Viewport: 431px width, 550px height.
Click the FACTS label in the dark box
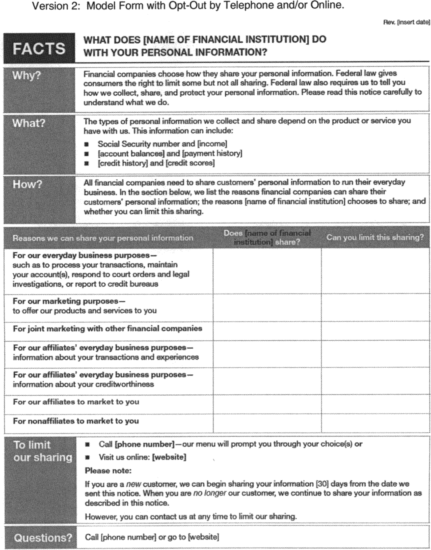tap(39, 49)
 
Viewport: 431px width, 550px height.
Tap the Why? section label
tap(27, 75)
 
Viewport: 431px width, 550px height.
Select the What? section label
tap(29, 123)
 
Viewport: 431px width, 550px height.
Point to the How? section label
tap(27, 184)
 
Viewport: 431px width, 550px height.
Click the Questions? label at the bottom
tap(43, 538)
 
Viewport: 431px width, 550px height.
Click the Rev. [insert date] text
tap(406, 22)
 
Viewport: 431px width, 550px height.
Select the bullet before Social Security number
tap(86, 144)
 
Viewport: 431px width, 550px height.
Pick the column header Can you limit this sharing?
tap(375, 238)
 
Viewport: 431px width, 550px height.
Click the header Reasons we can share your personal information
tap(103, 238)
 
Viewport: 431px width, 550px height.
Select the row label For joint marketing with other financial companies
tap(108, 329)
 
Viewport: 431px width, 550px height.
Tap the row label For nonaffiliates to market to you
tap(76, 421)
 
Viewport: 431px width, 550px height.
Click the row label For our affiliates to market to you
tap(76, 402)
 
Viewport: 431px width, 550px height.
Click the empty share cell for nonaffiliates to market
tap(267, 423)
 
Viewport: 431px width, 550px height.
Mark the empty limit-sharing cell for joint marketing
tap(376, 331)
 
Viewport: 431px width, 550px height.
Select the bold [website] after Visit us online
tap(169, 457)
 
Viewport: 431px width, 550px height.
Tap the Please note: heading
tap(108, 471)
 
